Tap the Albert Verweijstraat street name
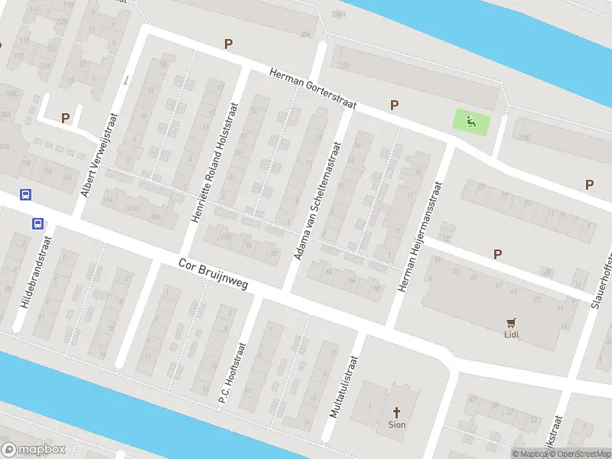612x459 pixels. click(x=100, y=155)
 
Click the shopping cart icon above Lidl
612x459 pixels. click(x=511, y=322)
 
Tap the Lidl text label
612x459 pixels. click(x=511, y=334)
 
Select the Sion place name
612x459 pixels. click(x=397, y=424)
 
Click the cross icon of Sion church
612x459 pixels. click(x=397, y=412)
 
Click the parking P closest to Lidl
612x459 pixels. click(x=498, y=254)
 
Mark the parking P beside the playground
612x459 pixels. click(x=395, y=106)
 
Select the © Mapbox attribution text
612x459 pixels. click(x=530, y=454)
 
